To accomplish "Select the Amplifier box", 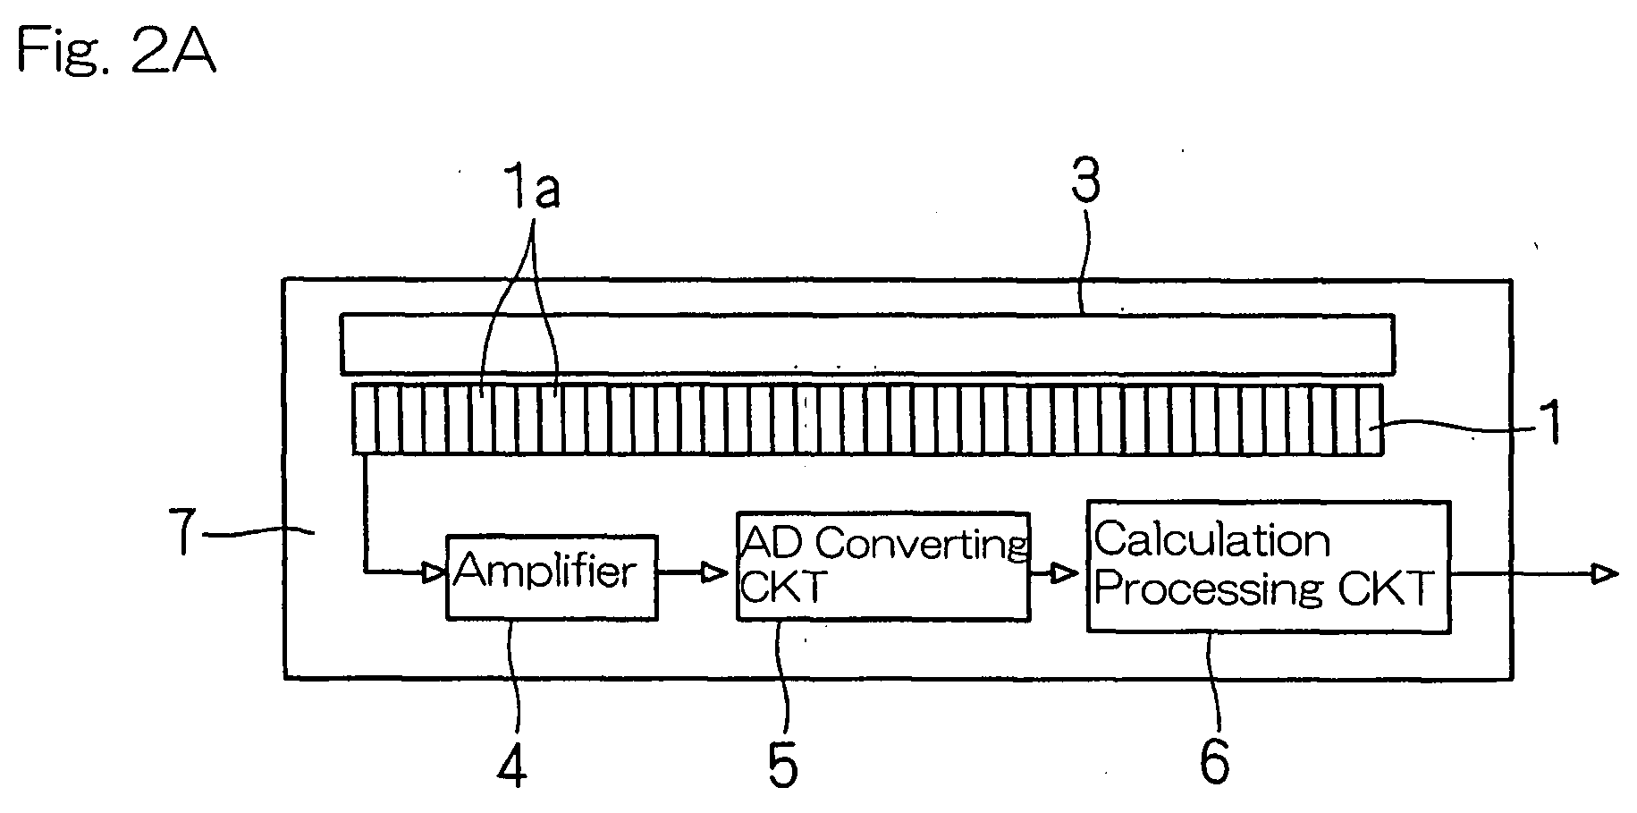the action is pyautogui.click(x=552, y=577).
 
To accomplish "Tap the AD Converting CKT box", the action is pyautogui.click(x=882, y=566).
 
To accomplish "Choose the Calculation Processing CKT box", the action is pyautogui.click(x=1268, y=567).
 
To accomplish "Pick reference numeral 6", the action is pyautogui.click(x=1214, y=761).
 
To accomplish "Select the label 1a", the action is pyautogui.click(x=533, y=190).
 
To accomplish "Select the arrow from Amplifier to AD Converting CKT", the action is pyautogui.click(x=693, y=572).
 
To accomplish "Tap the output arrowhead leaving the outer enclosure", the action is pyautogui.click(x=1606, y=572).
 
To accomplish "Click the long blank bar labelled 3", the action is pyautogui.click(x=867, y=343).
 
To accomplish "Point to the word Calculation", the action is pyautogui.click(x=1212, y=540).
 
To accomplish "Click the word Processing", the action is pyautogui.click(x=1209, y=589).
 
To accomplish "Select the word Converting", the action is pyautogui.click(x=922, y=544).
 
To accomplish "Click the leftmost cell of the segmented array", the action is pyautogui.click(x=365, y=419).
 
